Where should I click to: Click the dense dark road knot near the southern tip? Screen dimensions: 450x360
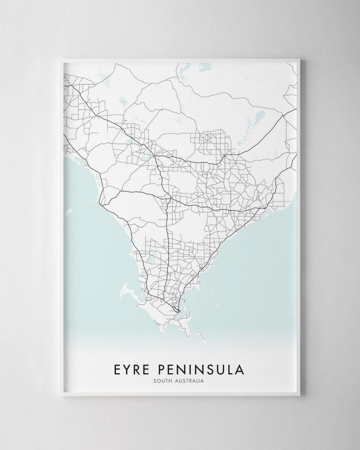click(x=177, y=310)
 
